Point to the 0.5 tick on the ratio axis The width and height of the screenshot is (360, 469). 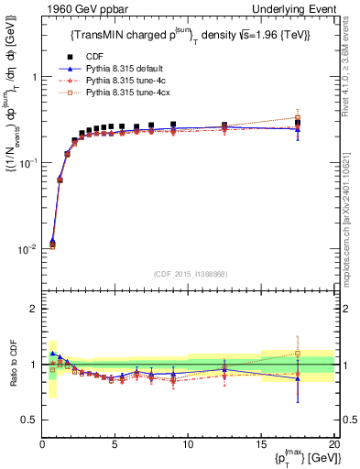[31, 420]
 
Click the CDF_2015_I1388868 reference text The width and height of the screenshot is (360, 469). [188, 273]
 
